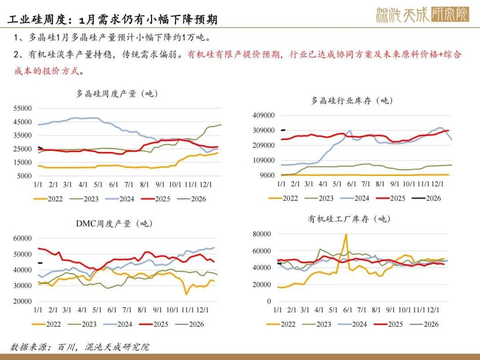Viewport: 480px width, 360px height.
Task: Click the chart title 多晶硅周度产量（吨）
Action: pos(117,94)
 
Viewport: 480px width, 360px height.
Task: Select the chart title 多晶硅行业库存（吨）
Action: pos(351,100)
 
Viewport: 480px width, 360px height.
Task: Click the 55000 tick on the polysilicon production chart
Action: pos(23,108)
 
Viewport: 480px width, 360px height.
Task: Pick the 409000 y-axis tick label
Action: pos(264,116)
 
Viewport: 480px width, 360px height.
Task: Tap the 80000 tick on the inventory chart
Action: pos(261,234)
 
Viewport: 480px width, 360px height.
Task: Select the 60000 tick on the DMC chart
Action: pos(23,239)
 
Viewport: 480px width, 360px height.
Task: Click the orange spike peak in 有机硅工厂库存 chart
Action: pos(346,234)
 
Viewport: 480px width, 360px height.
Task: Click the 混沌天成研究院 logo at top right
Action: pos(422,15)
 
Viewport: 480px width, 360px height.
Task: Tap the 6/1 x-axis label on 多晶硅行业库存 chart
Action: pos(351,184)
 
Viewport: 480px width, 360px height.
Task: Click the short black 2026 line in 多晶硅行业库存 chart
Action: pos(283,130)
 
